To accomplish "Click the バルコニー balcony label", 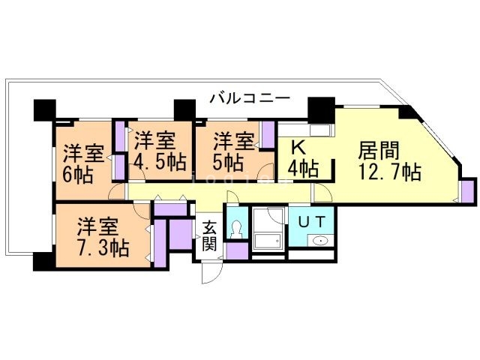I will click(249, 97).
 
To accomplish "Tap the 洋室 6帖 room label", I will click(82, 164).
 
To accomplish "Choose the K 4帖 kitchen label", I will click(301, 157).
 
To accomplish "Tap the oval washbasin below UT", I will click(320, 241).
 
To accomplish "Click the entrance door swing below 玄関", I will click(212, 272).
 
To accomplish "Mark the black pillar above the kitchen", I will click(321, 109).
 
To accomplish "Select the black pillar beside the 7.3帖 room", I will click(42, 262).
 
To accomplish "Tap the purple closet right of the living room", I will click(468, 192).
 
